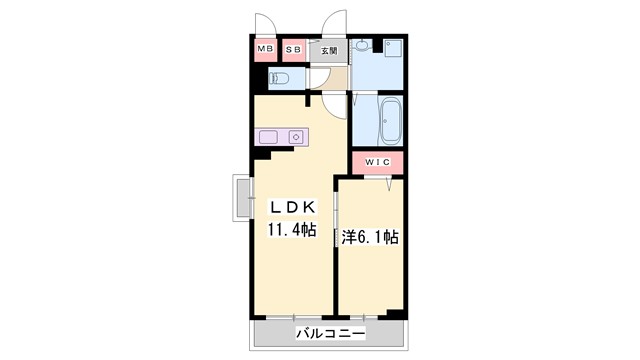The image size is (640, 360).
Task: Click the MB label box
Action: point(265,49)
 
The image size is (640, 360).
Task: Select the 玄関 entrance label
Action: point(329,50)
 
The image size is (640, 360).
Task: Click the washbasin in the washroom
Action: point(366,46)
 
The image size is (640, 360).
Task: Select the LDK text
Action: point(291,207)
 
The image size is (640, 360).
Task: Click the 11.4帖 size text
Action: point(291,230)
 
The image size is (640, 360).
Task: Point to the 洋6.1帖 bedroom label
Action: point(371,237)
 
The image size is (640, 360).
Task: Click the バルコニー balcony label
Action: point(330,332)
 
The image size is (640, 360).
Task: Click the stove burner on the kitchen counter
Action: point(297,136)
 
